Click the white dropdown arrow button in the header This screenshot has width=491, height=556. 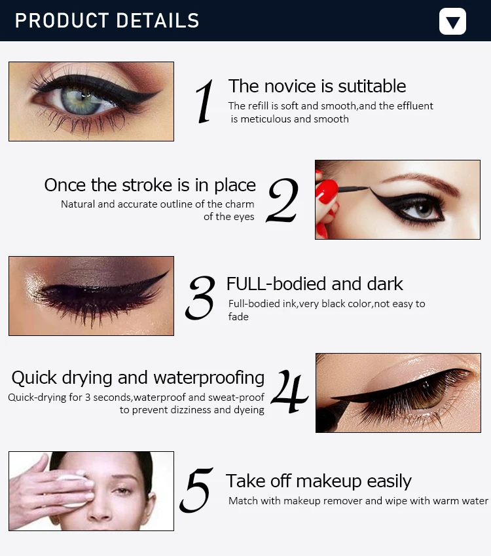coord(452,21)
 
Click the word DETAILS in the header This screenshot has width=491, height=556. coord(158,20)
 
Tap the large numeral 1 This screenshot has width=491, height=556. coord(205,102)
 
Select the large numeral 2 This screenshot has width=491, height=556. coord(283,200)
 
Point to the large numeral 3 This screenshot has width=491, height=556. coord(200,298)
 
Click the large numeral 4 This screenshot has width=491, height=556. coord(289,392)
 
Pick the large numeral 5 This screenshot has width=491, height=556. coord(196,491)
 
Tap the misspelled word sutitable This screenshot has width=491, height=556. coord(372,86)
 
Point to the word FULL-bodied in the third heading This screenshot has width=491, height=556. coord(276,284)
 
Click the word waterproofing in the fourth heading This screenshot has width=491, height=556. coord(209,378)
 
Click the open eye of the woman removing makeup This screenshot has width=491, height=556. coord(122,491)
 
